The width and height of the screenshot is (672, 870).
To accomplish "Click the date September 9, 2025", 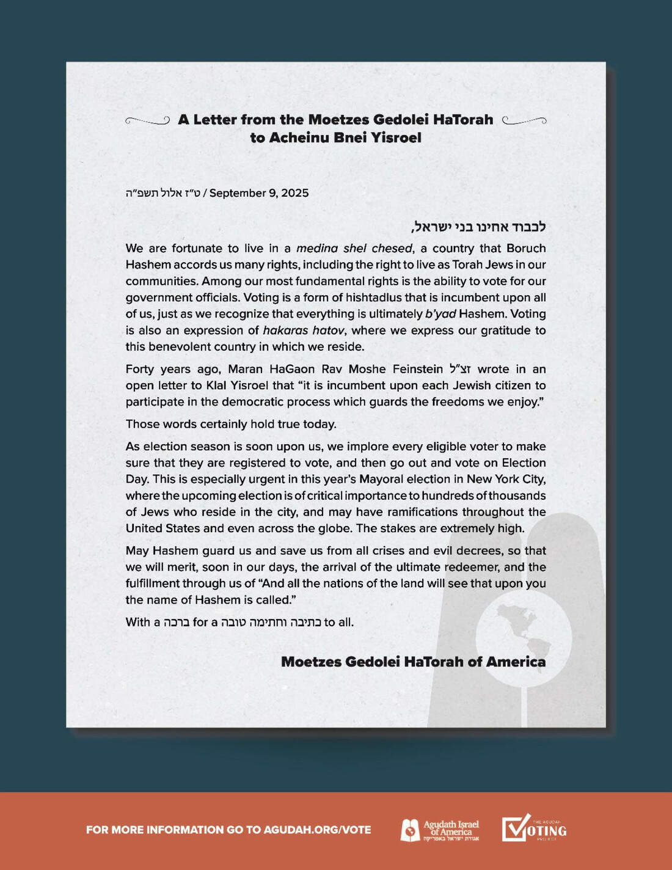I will point(259,193).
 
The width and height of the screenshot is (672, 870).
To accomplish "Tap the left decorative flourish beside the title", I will point(147,120).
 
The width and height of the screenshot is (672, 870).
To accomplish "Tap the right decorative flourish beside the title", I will point(524,120).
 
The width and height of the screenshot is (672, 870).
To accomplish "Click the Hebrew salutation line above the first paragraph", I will point(478,227).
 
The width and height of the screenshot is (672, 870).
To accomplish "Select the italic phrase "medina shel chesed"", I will point(354,249).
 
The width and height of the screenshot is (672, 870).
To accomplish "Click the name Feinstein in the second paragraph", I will point(418,369).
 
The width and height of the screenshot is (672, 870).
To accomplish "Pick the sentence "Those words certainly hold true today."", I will point(231,424).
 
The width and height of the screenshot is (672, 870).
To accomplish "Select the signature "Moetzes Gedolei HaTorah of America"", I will point(413,662).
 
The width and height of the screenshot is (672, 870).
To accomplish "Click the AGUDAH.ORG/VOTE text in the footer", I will point(317,830).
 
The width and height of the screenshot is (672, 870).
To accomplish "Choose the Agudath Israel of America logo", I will point(440,830).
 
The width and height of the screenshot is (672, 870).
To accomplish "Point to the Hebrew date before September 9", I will point(163,193).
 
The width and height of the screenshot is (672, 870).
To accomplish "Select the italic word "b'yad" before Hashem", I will point(440,314).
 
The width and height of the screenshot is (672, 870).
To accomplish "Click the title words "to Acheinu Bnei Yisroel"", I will point(335,137).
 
